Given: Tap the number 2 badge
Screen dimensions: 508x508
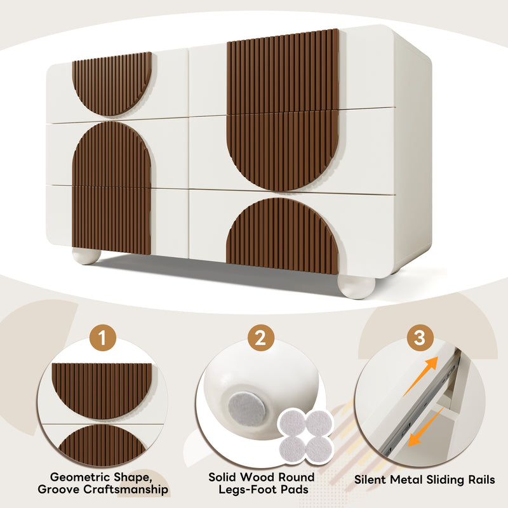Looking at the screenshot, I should tap(260, 338).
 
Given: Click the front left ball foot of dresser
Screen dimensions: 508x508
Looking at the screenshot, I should tap(86, 256).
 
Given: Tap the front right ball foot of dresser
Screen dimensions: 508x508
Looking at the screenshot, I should tap(356, 286).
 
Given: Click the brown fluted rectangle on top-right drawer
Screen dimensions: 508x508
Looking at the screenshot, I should tap(283, 70).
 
